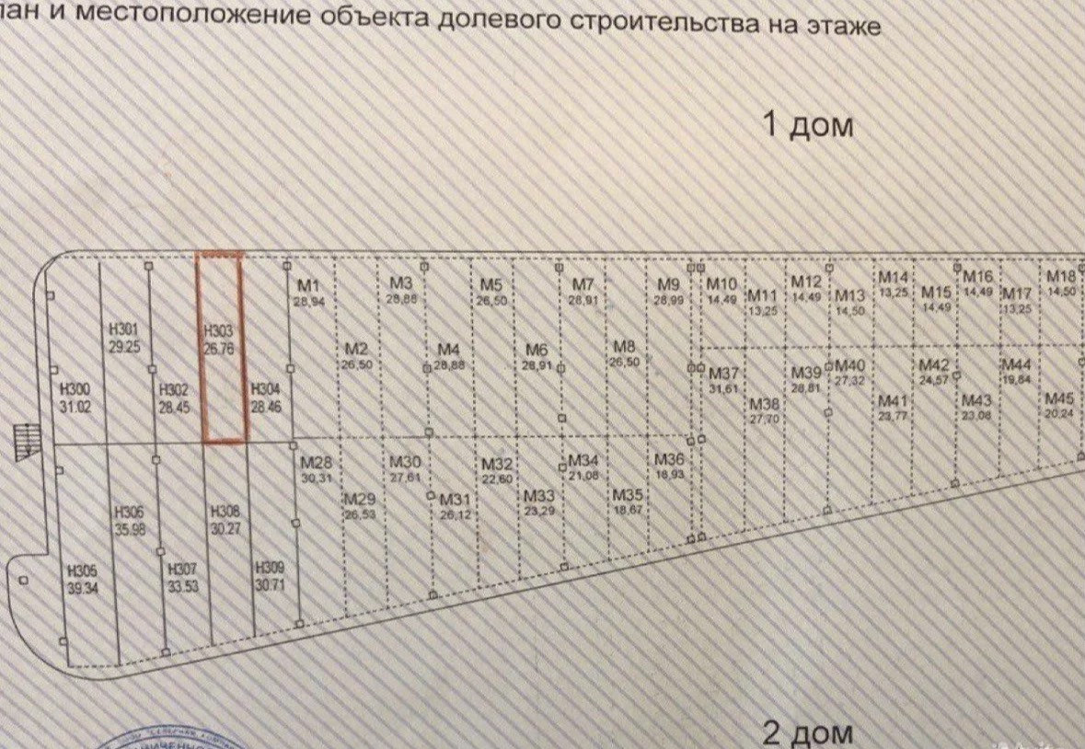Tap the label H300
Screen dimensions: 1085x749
click(75, 389)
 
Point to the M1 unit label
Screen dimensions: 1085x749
click(306, 284)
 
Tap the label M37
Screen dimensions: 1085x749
click(724, 374)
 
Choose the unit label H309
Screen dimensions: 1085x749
click(269, 568)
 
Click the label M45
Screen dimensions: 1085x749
click(1059, 398)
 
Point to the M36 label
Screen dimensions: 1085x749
click(669, 460)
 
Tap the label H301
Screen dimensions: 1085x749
click(123, 330)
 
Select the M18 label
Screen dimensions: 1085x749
click(1061, 277)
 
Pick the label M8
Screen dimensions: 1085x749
click(625, 347)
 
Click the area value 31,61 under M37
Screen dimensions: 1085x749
click(724, 387)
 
